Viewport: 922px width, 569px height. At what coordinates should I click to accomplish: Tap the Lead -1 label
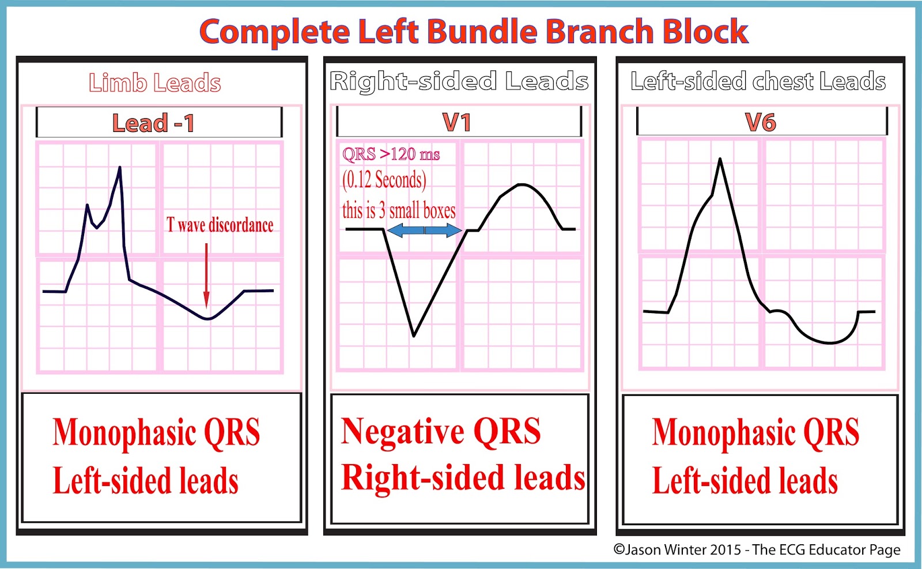coord(153,123)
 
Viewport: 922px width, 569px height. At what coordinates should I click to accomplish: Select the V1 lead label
coord(456,122)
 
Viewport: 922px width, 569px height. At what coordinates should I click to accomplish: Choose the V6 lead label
coord(761,122)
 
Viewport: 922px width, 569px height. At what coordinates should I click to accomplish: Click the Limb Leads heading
coord(155,83)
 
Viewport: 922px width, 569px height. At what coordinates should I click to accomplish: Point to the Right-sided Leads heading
coord(459,81)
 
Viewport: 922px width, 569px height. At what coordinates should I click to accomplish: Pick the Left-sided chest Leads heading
coord(758,81)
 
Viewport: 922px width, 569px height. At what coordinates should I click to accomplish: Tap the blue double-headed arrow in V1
coord(424,231)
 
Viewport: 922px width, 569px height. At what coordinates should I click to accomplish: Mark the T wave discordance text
coord(220,225)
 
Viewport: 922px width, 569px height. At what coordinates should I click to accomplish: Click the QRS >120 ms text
coord(391,155)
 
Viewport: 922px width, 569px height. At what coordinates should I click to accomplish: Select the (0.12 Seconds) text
coord(384,180)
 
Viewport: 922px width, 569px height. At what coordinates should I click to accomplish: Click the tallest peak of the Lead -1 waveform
coord(120,168)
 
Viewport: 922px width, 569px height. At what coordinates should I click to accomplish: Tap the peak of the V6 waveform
coord(720,159)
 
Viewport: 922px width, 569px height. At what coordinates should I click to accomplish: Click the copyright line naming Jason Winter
coord(757,549)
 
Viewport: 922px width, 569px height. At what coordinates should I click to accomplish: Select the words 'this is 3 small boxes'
coord(399,210)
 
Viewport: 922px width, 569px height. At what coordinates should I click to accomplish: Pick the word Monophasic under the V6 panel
coord(721,433)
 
